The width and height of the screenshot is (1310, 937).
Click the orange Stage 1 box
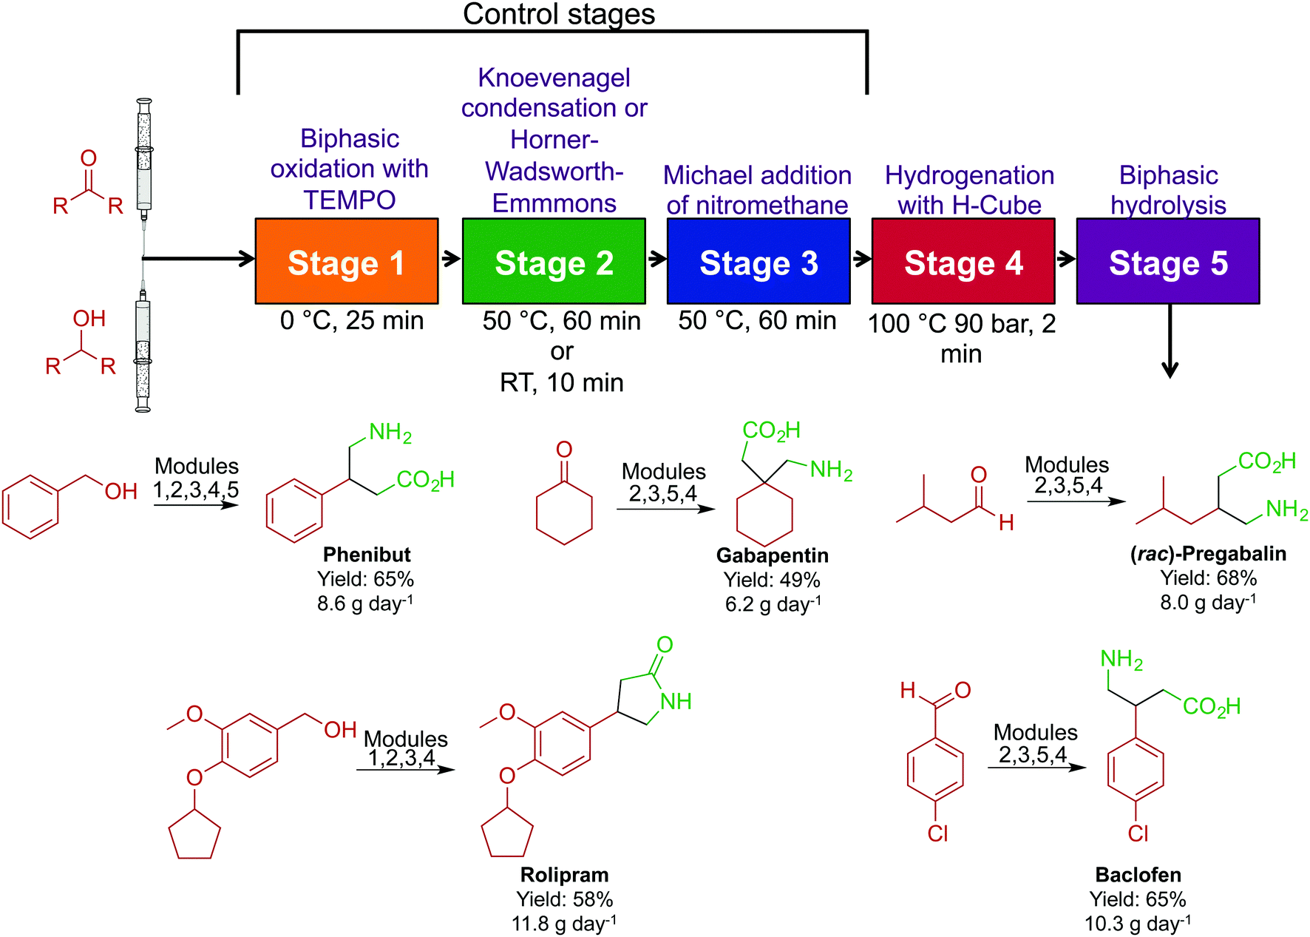(x=346, y=261)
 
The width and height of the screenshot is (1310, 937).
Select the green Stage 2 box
(x=554, y=261)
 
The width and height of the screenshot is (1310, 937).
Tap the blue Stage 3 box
(x=758, y=261)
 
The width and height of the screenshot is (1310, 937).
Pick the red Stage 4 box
(x=963, y=261)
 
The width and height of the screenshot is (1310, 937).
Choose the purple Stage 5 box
(x=1168, y=261)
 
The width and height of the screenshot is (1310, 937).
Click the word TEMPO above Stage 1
(x=350, y=200)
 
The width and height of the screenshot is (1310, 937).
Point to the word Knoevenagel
(x=554, y=78)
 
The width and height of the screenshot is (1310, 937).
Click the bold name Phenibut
(x=367, y=555)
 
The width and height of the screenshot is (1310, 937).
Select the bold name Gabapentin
(x=773, y=555)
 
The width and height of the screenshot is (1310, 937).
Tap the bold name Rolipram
(x=564, y=875)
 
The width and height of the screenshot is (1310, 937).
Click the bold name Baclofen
(x=1138, y=875)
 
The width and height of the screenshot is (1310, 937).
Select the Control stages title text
(x=559, y=14)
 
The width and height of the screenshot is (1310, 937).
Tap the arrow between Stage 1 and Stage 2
(x=450, y=259)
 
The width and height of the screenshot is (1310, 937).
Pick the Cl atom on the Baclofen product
(x=1138, y=834)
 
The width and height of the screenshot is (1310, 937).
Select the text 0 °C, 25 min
(x=352, y=321)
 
